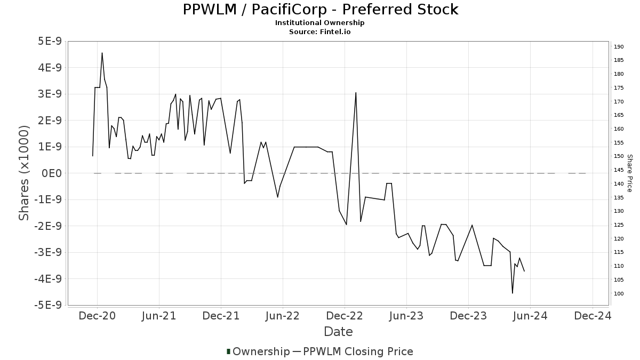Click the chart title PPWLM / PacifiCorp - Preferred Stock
tap(320, 10)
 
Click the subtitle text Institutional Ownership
tap(319, 23)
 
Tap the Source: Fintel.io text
tap(319, 32)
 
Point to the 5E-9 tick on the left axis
tap(49, 42)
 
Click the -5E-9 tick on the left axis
tap(47, 305)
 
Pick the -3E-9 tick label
tap(47, 252)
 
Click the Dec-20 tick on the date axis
tap(97, 316)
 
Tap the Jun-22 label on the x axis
tap(283, 316)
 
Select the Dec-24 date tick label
tap(593, 316)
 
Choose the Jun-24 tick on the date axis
tap(530, 316)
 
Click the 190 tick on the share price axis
tap(619, 47)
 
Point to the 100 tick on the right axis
tap(619, 294)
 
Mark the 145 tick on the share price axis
tap(619, 170)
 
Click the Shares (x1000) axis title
tap(24, 173)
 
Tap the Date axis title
tap(338, 332)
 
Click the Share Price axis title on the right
tap(629, 173)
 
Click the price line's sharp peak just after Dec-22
tap(356, 93)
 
